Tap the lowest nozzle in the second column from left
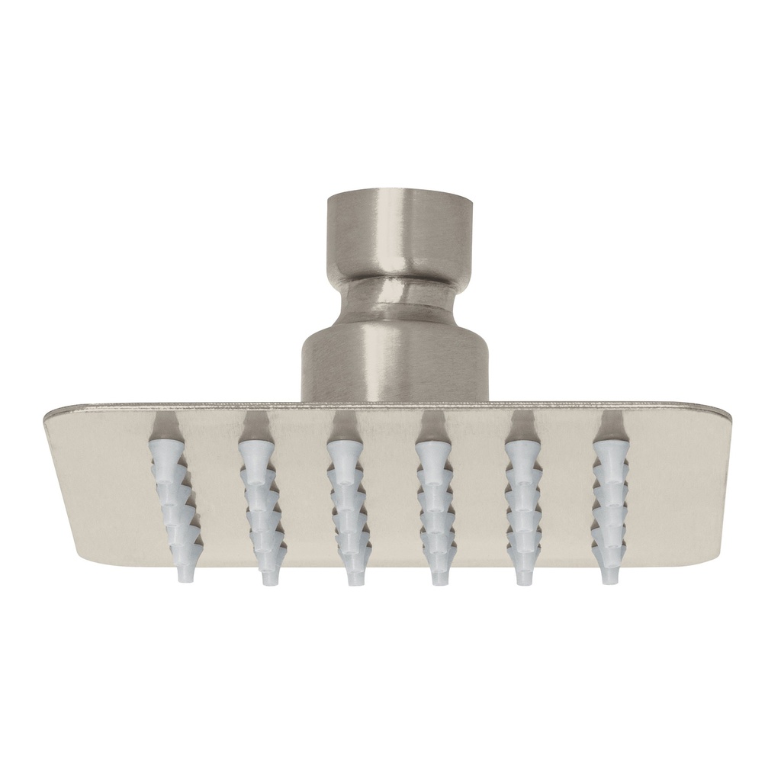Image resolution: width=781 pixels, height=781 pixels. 269,574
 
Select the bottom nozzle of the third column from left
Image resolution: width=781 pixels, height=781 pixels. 354,574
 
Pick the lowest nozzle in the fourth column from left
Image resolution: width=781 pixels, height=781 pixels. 439,574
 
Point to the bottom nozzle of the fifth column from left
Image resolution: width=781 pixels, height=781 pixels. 524,574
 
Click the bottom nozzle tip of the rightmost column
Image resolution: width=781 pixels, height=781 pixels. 609,572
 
